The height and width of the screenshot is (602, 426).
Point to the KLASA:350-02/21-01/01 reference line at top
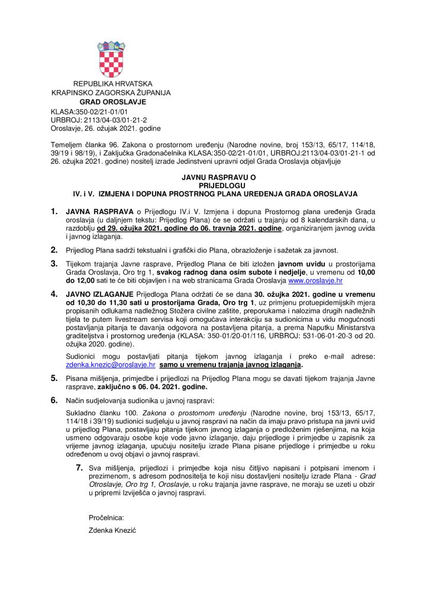tap(89, 111)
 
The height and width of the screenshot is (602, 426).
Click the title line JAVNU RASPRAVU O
tap(213, 177)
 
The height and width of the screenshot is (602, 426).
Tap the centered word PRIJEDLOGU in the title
tap(213, 185)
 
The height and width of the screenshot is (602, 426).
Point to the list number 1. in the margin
tap(54, 211)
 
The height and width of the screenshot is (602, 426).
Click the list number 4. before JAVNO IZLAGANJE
tap(54, 293)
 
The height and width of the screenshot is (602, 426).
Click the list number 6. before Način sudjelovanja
tap(54, 400)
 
